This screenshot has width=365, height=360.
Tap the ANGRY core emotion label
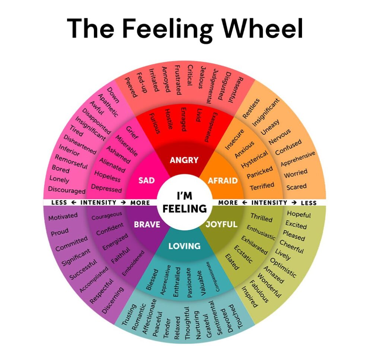click(184, 160)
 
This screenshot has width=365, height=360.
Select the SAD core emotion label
click(146, 180)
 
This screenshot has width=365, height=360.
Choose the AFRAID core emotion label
click(222, 180)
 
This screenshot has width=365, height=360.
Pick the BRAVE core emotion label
click(147, 224)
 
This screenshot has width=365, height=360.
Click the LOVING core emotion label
click(184, 246)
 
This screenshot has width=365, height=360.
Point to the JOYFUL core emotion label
click(221, 224)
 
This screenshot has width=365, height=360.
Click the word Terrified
click(262, 186)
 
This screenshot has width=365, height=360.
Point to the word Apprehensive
click(298, 158)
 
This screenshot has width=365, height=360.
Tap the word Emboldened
click(133, 263)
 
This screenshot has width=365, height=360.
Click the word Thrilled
click(261, 217)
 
